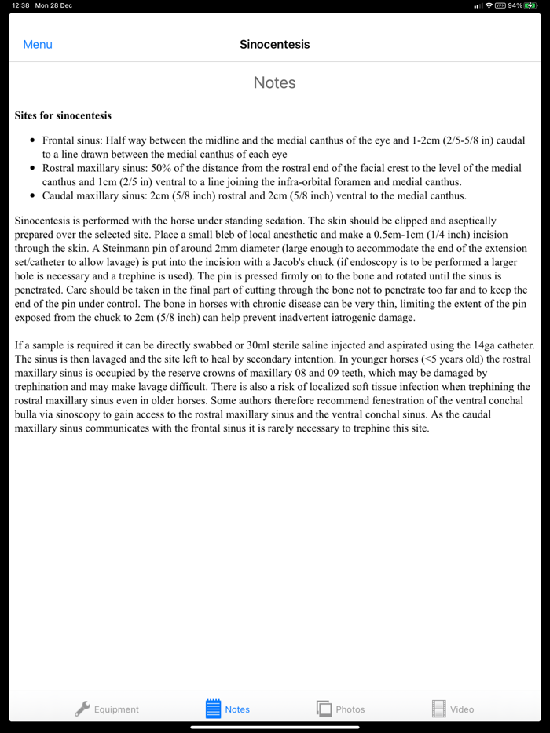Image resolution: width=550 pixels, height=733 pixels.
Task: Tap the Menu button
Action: [x=38, y=45]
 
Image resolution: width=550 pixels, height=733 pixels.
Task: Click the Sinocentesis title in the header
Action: [x=275, y=45]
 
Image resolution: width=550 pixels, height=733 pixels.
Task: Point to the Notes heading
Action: [x=275, y=82]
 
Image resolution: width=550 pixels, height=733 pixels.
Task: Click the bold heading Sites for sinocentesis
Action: [x=63, y=115]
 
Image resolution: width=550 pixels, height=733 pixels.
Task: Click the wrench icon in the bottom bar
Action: [x=82, y=709]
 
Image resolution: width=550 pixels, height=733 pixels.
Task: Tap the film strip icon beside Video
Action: [x=438, y=709]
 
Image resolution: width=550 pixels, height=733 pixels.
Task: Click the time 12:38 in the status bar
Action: [x=21, y=5]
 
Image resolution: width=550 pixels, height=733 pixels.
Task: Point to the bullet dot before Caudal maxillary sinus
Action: [x=32, y=196]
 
